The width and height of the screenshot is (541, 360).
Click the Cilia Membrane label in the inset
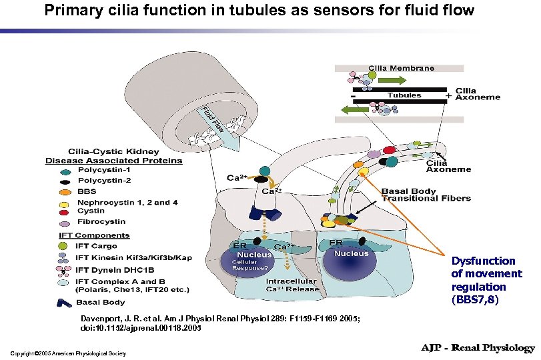(x=401, y=67)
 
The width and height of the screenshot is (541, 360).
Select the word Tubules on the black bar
(x=404, y=95)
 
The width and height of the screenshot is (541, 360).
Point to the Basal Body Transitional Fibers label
(x=426, y=195)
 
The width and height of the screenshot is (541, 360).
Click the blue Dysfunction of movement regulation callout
(x=486, y=280)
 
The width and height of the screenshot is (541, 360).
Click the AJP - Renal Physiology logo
(x=477, y=348)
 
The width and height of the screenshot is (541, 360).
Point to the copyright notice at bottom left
(x=68, y=352)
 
